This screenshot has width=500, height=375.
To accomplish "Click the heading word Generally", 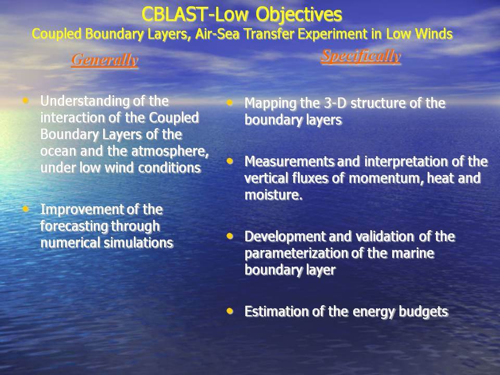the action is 105,59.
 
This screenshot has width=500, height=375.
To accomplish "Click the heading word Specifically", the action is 360,56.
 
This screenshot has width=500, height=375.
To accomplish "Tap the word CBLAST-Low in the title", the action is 195,15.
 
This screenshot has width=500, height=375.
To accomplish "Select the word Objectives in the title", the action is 299,15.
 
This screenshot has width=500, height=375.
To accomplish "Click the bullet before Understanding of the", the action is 26,101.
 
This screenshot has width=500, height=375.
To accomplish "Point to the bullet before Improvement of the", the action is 26,209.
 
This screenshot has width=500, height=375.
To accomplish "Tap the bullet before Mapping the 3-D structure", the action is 230,103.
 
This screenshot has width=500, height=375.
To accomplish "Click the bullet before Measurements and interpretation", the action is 230,161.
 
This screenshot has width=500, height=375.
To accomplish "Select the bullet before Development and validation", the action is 230,236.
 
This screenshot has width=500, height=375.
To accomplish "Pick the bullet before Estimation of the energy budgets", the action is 230,311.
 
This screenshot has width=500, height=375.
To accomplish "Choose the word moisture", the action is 273,195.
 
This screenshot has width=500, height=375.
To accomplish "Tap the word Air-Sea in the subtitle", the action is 217,34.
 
